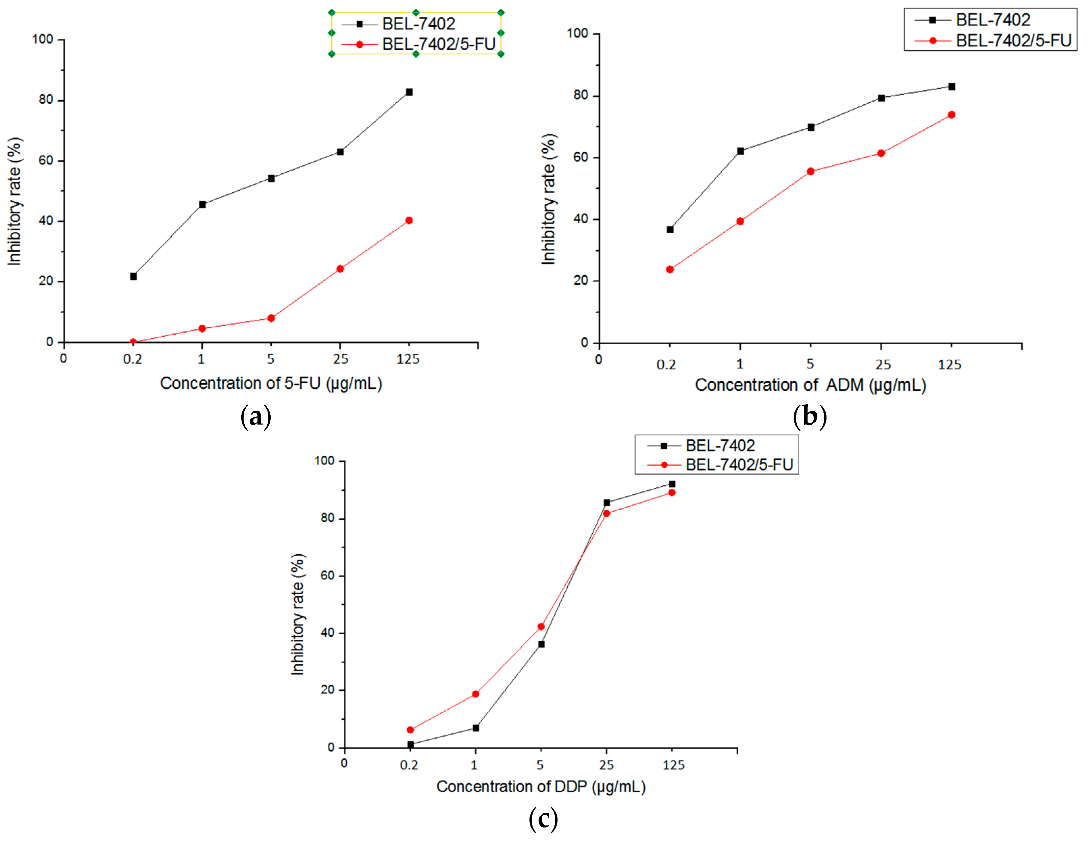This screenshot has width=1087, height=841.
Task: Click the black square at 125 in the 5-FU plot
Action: (x=409, y=92)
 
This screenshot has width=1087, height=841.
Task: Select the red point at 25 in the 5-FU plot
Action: (x=340, y=269)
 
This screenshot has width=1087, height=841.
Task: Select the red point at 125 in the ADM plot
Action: (x=951, y=115)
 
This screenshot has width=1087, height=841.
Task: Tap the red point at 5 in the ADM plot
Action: (x=810, y=171)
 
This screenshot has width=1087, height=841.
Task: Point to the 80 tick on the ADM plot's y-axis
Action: (x=581, y=95)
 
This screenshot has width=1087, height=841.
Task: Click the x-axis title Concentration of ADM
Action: (x=810, y=385)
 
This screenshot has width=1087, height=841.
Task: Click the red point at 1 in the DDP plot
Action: (x=475, y=694)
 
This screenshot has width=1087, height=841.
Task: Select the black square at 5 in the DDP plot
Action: (x=541, y=644)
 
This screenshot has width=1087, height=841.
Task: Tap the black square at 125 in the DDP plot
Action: (x=672, y=484)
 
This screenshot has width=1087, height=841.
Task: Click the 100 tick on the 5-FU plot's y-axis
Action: (x=43, y=39)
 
